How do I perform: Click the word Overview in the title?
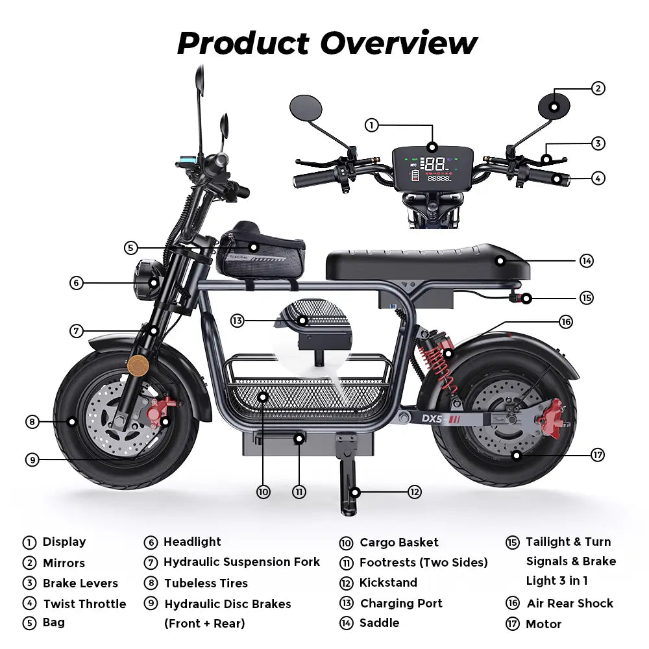coord(398,43)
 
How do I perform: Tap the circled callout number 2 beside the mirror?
coord(598,88)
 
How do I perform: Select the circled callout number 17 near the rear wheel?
coord(598,455)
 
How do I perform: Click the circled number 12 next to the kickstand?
coord(415,491)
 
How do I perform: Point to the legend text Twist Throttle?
coord(84,604)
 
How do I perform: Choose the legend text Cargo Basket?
coord(398,543)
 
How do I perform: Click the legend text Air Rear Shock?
coord(570,604)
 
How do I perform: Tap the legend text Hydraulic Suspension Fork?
coord(241,562)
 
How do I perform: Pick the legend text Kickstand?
coord(388,583)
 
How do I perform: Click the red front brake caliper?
coord(162,411)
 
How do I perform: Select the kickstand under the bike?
coord(349,480)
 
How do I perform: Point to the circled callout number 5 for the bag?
coord(130,247)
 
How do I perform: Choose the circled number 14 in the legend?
coord(346,623)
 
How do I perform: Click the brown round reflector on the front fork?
coord(138,365)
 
